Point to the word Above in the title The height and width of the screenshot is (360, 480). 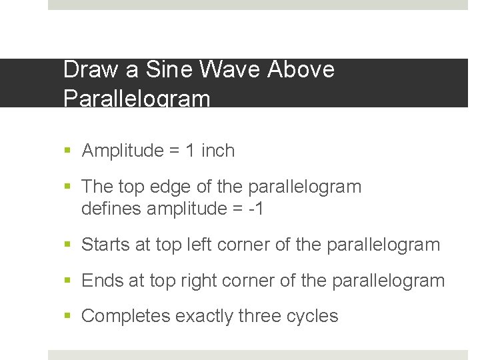(301, 69)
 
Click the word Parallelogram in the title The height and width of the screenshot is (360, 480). (137, 99)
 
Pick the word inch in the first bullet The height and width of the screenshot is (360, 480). (218, 151)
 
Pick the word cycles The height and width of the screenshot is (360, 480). (315, 316)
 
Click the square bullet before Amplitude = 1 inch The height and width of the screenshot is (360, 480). (69, 151)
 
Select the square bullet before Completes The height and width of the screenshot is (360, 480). (69, 317)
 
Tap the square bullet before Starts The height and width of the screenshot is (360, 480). (69, 245)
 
